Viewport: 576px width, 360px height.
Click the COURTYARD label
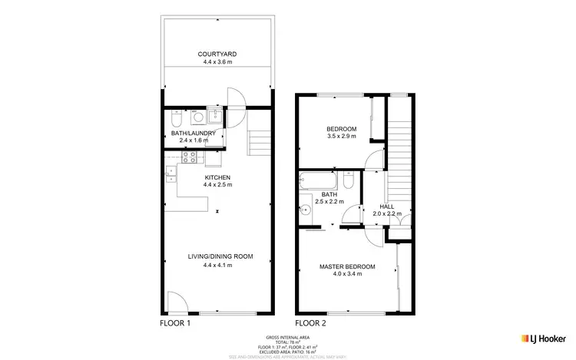click(217, 54)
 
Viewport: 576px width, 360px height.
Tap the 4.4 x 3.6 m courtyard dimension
click(217, 62)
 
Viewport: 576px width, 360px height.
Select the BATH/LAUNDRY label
click(198, 133)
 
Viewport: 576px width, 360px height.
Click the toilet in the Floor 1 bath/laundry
click(176, 121)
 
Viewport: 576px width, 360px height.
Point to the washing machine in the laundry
click(198, 118)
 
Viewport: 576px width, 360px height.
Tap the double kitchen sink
click(168, 173)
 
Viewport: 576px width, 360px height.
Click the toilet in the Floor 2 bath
click(349, 180)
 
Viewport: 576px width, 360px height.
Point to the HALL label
click(387, 206)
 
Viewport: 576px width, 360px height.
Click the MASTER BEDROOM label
click(347, 266)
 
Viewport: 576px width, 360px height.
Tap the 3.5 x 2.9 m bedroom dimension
click(341, 137)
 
